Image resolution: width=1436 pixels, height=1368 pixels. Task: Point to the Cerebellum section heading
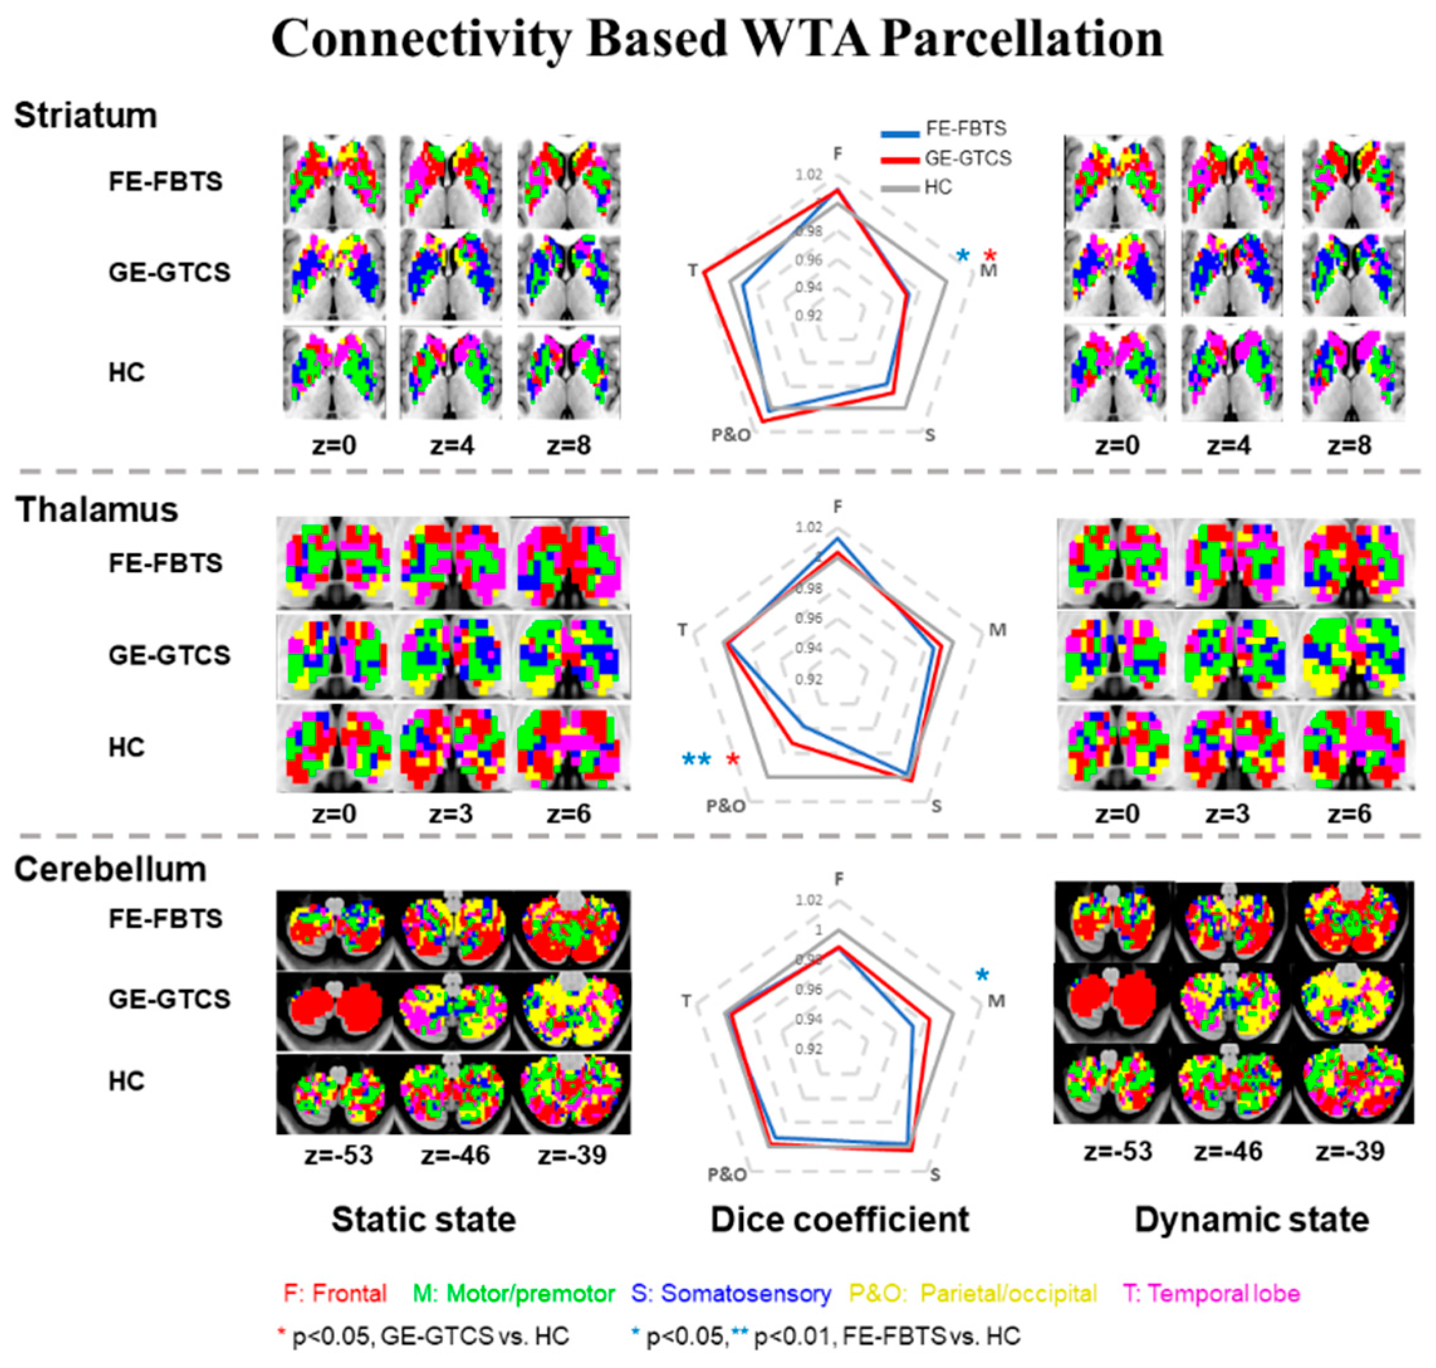click(x=110, y=869)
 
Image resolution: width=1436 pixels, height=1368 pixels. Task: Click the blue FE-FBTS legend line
click(x=900, y=133)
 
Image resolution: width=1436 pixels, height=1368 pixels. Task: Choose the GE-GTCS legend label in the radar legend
click(x=968, y=158)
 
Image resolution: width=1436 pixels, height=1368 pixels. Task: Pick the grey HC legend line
click(x=900, y=189)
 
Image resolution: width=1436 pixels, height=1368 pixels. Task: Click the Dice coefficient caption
click(x=839, y=1219)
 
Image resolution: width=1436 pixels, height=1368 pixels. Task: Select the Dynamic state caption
click(x=1251, y=1219)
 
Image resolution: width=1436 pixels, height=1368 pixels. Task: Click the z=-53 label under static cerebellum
click(x=339, y=1155)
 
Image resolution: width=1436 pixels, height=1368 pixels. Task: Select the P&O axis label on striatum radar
click(x=731, y=435)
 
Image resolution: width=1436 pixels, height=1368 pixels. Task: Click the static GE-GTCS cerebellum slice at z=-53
click(x=335, y=1011)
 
